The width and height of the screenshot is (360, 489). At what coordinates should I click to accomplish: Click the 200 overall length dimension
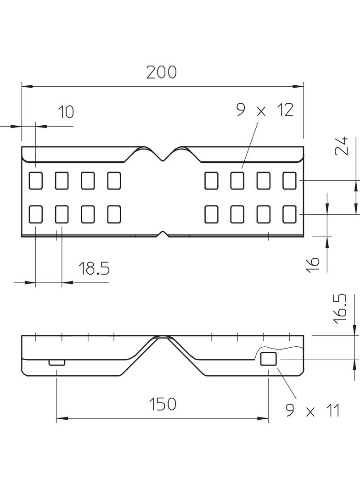tap(161, 72)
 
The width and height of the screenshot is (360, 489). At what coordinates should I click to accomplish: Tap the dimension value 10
tap(66, 111)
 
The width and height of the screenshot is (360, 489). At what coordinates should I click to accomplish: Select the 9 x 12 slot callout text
tap(264, 111)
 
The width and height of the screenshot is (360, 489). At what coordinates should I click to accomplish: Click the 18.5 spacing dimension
tap(94, 268)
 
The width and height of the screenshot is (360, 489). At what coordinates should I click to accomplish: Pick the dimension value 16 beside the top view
tap(312, 264)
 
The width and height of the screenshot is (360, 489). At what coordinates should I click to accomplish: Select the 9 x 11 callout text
tap(312, 411)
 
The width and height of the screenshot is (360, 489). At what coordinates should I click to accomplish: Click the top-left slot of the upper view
tap(35, 180)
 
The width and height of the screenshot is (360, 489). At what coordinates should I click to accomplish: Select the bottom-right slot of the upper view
tap(289, 214)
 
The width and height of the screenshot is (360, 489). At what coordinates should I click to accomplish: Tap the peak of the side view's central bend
tap(163, 337)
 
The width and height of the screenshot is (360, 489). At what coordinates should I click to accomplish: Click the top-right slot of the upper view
tap(289, 180)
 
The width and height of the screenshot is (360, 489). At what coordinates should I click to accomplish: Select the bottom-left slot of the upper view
tap(35, 214)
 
